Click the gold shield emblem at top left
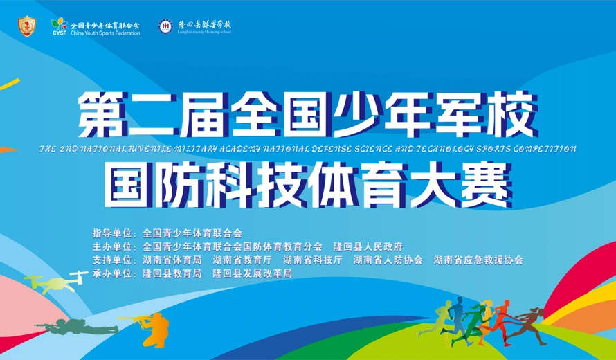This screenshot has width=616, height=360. pyautogui.click(x=26, y=26)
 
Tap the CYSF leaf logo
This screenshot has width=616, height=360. pyautogui.click(x=59, y=23)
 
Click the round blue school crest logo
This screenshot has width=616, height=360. pyautogui.click(x=166, y=26)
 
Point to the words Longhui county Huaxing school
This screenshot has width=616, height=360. pyautogui.click(x=205, y=33)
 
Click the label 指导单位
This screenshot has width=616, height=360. pyautogui.click(x=109, y=233)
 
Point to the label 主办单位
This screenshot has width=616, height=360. pyautogui.click(x=109, y=246)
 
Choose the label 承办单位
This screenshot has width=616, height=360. pyautogui.click(x=109, y=273)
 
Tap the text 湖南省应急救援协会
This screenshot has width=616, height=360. pyautogui.click(x=478, y=260)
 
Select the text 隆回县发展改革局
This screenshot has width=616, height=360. pyautogui.click(x=253, y=273)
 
